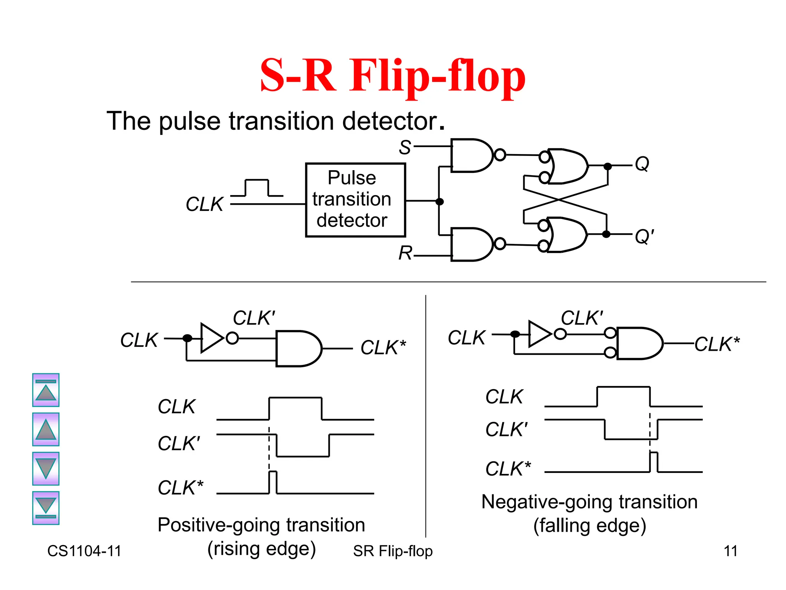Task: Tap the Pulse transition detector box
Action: (x=355, y=200)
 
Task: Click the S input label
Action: (x=405, y=147)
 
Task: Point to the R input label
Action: (x=405, y=253)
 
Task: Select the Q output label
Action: (x=642, y=164)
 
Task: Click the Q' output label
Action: (x=644, y=236)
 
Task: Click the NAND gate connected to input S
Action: (x=471, y=156)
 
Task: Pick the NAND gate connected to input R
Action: (x=471, y=244)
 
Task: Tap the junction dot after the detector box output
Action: (x=440, y=201)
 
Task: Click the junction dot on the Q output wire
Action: (x=608, y=166)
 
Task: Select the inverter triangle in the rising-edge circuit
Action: (x=211, y=338)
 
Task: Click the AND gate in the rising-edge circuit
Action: (x=297, y=348)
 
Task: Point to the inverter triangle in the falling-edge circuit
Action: (x=539, y=334)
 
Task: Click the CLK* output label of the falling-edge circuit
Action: (x=717, y=344)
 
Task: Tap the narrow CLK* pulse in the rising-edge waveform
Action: (x=272, y=482)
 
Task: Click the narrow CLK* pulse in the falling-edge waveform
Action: (x=654, y=462)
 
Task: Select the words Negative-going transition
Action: (x=589, y=502)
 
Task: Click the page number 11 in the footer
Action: (x=730, y=551)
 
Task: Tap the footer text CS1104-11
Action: (x=84, y=551)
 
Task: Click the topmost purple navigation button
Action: (x=46, y=390)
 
